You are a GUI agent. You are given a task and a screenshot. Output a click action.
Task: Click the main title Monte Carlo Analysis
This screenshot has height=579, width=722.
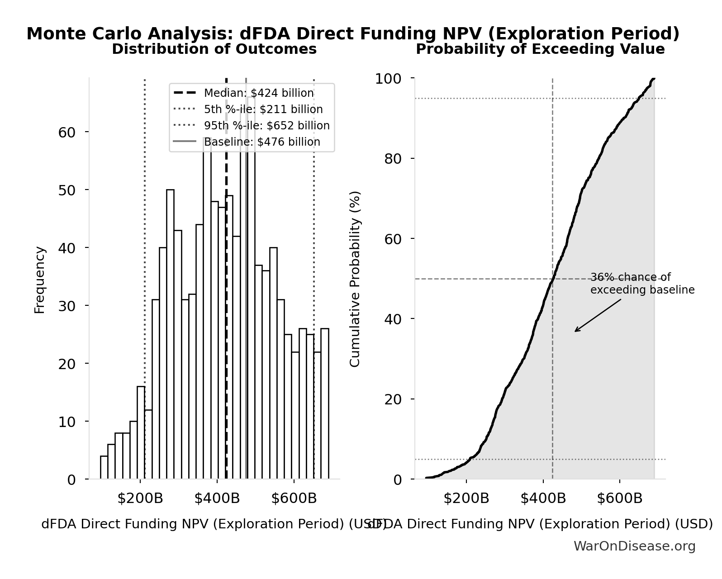coord(353,34)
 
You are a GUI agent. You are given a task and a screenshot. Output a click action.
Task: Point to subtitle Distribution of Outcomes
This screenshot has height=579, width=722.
coord(214,49)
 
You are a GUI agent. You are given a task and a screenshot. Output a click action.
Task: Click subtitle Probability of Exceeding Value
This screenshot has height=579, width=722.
coord(540,49)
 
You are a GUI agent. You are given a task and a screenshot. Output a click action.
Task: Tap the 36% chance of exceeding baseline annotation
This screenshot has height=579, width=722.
coord(642,284)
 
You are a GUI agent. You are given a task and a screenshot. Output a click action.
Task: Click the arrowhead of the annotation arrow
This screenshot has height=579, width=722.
coord(576,331)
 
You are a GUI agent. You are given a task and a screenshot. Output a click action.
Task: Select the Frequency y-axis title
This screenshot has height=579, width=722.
coord(40,280)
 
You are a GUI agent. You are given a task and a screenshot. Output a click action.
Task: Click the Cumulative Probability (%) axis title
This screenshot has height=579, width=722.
coord(355,279)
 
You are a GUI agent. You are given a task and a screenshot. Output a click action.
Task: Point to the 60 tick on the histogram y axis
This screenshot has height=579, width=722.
coord(66,133)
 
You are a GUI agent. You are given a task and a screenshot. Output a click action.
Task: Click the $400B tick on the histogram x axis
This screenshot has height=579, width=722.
coord(217,498)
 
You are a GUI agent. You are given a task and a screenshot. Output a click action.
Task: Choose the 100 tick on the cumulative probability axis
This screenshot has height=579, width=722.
coord(388,79)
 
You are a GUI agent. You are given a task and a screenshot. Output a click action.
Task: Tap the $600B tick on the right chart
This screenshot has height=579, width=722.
coord(619,498)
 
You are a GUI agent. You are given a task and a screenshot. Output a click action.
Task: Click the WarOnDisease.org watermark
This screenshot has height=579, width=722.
coord(634,546)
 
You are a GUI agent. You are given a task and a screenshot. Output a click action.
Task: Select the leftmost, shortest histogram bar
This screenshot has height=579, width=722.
coord(104,468)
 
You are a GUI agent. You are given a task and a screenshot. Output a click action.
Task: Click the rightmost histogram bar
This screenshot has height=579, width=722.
coord(324,403)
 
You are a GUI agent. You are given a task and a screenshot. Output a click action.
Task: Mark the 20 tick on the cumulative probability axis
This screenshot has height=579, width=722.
coord(393,399)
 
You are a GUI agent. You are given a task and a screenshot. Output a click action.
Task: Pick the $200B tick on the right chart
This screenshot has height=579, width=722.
coord(466,498)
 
